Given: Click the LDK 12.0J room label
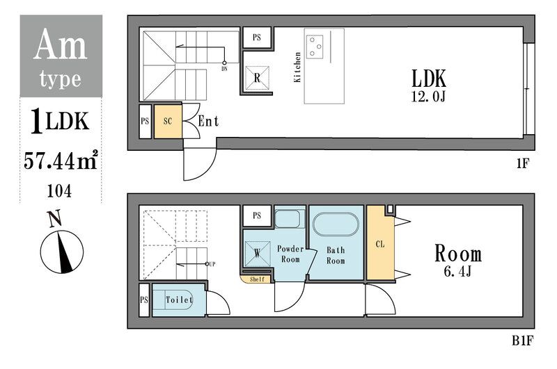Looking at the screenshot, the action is tap(428, 85).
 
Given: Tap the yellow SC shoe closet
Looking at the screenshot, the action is tap(168, 121).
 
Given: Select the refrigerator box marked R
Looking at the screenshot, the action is tap(257, 78).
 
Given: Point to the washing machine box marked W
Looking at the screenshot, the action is tap(257, 254).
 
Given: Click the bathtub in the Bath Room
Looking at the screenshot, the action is tap(336, 224).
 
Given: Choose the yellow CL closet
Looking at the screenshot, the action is tap(380, 243).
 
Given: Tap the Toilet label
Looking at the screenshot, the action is tap(179, 300).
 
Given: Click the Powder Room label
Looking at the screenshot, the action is tap(290, 254).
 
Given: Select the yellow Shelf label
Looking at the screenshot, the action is tap(257, 279).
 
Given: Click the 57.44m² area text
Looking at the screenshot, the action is tap(61, 161).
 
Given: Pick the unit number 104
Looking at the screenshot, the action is tap(59, 191).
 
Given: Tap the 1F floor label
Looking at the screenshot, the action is tap(523, 163).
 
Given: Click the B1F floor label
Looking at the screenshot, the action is tap(523, 341).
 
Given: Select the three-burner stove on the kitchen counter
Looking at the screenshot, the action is tap(315, 47).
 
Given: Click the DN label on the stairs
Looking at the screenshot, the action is tap(224, 69).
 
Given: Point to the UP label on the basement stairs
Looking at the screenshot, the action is tap(212, 264).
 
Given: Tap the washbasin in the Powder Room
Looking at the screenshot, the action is tap(290, 220).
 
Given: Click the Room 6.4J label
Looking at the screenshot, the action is tap(458, 260).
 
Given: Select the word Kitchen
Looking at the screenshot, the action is tap(297, 67).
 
